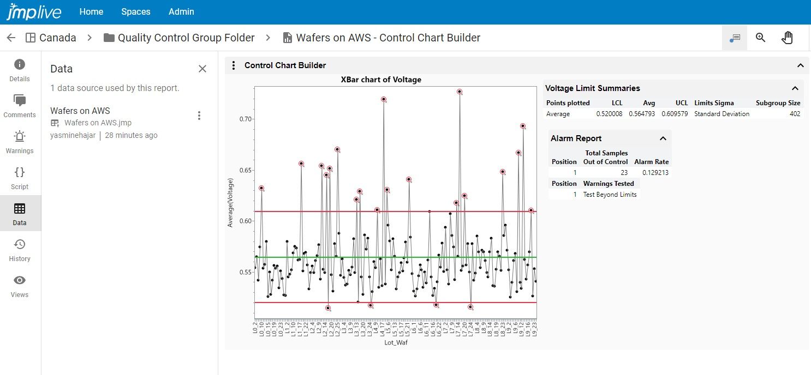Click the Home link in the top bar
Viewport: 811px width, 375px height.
point(91,11)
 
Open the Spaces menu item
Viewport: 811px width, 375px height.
point(136,11)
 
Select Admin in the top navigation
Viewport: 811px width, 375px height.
point(181,11)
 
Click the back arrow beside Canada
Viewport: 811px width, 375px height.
point(11,38)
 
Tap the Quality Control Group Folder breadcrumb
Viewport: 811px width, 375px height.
point(186,38)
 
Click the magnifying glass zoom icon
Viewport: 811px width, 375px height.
point(761,38)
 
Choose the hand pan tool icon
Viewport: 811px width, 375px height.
point(787,38)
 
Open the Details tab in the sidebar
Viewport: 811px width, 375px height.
point(20,70)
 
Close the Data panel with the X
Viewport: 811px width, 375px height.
point(202,69)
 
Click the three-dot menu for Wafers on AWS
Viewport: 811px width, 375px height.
point(199,116)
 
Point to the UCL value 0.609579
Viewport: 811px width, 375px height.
point(675,114)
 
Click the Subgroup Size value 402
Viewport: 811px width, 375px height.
point(795,114)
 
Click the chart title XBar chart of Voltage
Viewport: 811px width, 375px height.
point(381,80)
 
